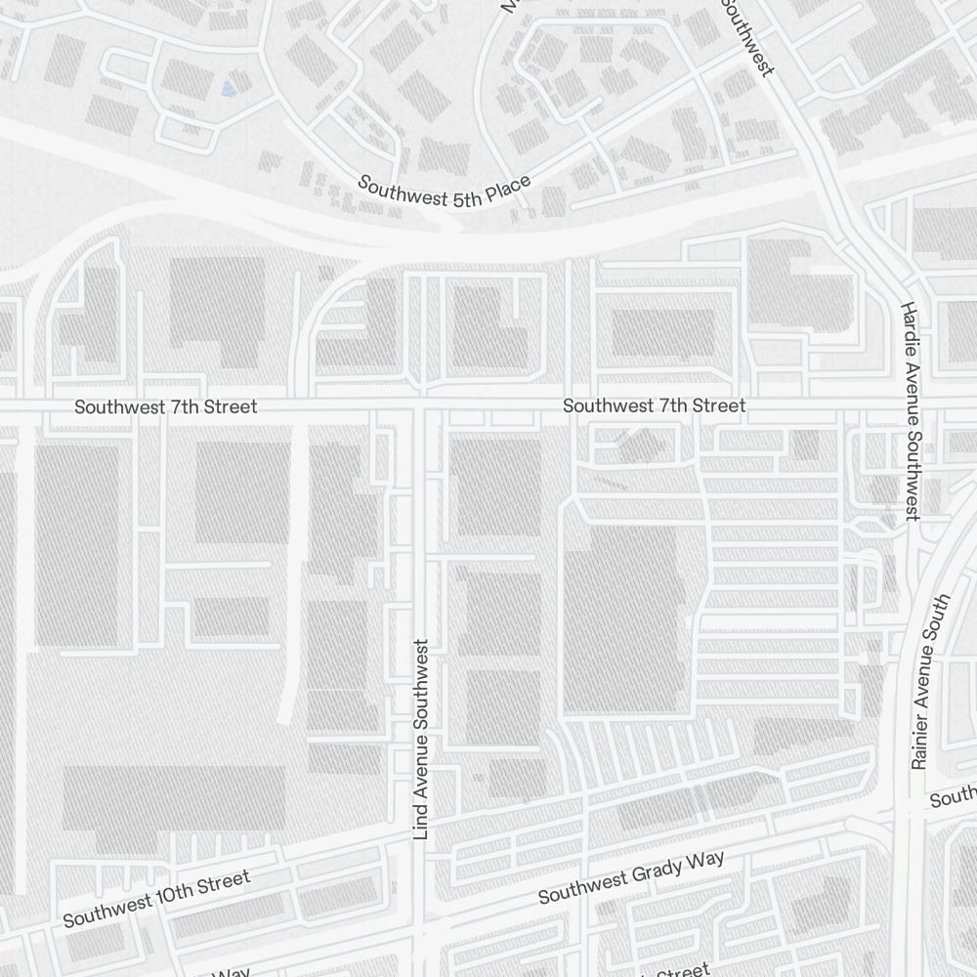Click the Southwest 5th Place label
tap(445, 191)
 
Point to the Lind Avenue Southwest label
tap(421, 740)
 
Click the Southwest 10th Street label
tap(156, 899)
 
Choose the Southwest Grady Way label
tap(631, 877)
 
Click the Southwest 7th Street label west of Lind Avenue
tap(166, 406)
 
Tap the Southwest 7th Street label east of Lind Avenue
tap(654, 405)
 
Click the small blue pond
tap(229, 90)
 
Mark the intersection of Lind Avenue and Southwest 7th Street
tap(422, 403)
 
